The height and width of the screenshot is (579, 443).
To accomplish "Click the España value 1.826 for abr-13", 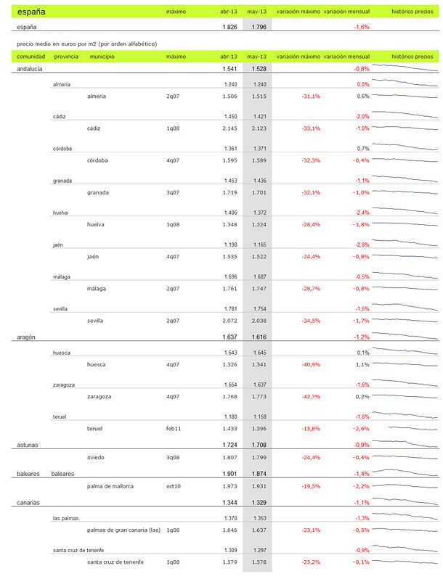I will click(228, 27).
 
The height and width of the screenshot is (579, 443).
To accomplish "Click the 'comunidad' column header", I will click(31, 56).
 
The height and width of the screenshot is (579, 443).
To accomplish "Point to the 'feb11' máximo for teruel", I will click(174, 429).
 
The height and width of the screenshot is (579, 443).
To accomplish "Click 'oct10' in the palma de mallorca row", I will click(174, 486).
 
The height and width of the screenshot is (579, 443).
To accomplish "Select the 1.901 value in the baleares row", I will click(228, 473).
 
